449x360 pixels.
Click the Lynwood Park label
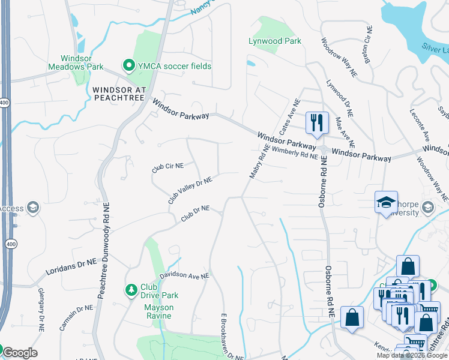(x=275, y=41)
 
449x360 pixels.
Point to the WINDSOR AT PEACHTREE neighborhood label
(x=119, y=94)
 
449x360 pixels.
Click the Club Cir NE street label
(x=167, y=167)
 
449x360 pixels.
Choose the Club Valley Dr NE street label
(x=190, y=190)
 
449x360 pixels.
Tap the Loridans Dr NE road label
(x=71, y=268)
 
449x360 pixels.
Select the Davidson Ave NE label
(x=184, y=276)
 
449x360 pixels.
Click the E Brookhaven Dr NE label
(x=232, y=336)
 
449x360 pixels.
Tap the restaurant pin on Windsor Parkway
(x=316, y=122)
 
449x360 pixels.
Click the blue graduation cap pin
(x=386, y=202)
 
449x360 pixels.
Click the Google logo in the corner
(x=20, y=353)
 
